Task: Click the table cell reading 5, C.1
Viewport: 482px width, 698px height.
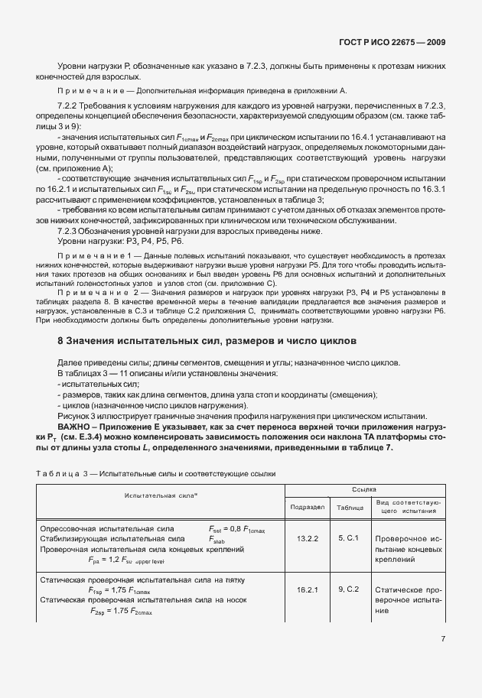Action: point(349,538)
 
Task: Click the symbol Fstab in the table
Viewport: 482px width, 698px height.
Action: point(217,539)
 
